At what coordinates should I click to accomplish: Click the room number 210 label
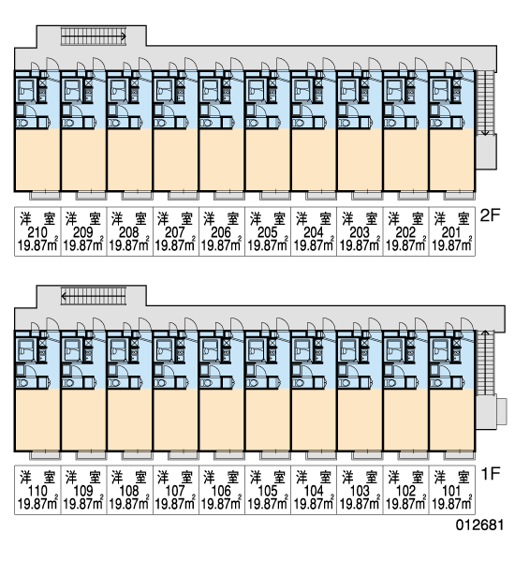[x=37, y=232]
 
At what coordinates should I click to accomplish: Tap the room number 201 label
[x=450, y=232]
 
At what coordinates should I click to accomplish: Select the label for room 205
[x=268, y=232]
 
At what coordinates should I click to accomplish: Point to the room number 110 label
[x=37, y=491]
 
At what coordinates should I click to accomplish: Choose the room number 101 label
[x=451, y=491]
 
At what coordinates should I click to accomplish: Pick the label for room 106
[x=221, y=491]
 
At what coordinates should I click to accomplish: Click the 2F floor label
[x=490, y=215]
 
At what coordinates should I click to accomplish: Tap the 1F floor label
[x=491, y=474]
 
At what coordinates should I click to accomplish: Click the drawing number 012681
[x=479, y=525]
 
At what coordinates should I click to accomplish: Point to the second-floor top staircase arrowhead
[x=124, y=37]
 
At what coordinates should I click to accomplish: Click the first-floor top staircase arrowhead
[x=64, y=296]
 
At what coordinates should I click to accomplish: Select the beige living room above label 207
[x=175, y=160]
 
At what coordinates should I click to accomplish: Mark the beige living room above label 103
[x=360, y=420]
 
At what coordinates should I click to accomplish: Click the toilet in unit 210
[x=22, y=123]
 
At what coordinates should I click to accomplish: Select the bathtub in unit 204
[x=302, y=90]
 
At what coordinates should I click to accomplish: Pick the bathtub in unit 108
[x=117, y=350]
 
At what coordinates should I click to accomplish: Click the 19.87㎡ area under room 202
[x=405, y=245]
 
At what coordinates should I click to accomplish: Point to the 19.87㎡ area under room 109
[x=83, y=504]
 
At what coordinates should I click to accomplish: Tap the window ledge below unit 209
[x=91, y=196]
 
